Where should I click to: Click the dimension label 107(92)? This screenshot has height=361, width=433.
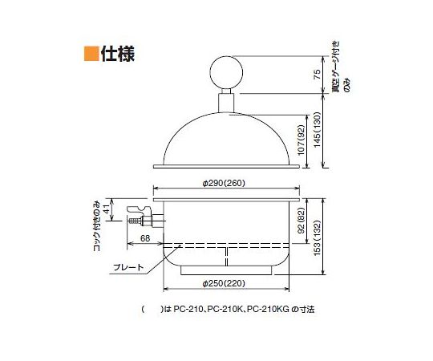301,138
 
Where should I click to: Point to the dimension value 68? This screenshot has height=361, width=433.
144,238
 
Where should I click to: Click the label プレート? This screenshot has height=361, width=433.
128,266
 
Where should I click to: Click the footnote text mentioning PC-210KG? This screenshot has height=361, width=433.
233,309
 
